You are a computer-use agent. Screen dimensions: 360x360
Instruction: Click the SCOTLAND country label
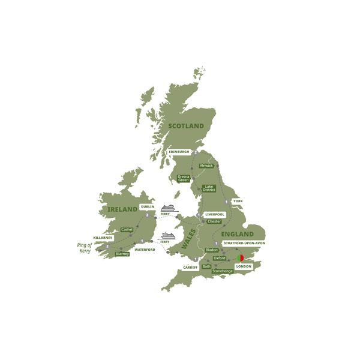[186, 126]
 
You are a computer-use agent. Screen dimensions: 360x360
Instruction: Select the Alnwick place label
[206, 166]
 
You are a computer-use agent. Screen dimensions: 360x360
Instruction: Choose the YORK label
[238, 202]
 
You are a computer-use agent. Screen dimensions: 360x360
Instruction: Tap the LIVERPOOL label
[214, 214]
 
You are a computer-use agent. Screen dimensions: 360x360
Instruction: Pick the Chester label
[214, 221]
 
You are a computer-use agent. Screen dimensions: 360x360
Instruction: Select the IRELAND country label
[122, 209]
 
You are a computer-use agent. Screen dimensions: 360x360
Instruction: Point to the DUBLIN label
[148, 207]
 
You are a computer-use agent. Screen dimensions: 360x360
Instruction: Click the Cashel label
[127, 229]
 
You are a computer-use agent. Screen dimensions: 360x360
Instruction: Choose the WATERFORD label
[145, 249]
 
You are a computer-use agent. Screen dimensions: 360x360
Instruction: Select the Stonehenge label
[222, 271]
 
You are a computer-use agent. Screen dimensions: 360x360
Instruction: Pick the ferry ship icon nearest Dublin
[167, 208]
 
